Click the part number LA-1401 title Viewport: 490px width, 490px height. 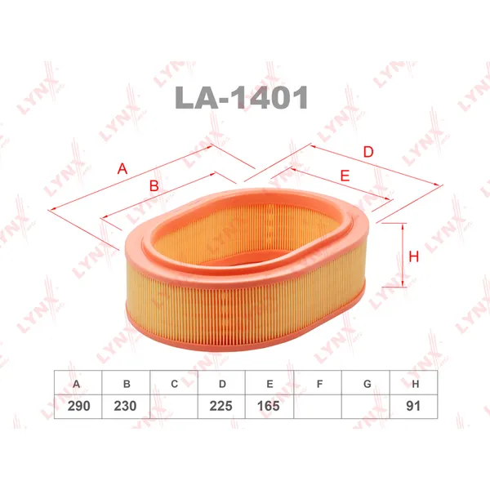(x=242, y=97)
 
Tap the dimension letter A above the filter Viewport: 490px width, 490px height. (x=122, y=169)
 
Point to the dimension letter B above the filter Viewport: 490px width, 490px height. (x=154, y=185)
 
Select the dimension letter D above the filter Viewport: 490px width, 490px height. (x=368, y=152)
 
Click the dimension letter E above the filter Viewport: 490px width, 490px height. (x=345, y=176)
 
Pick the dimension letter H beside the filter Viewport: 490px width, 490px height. (x=414, y=256)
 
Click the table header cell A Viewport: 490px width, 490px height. (x=78, y=382)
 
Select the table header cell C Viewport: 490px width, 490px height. (x=174, y=382)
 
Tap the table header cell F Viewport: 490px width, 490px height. (x=318, y=382)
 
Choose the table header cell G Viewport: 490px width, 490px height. (x=366, y=382)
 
